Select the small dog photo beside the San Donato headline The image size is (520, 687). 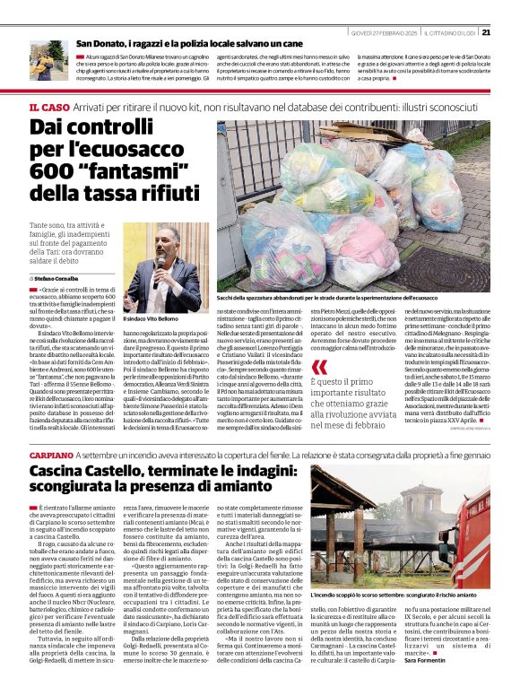click(46, 61)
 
